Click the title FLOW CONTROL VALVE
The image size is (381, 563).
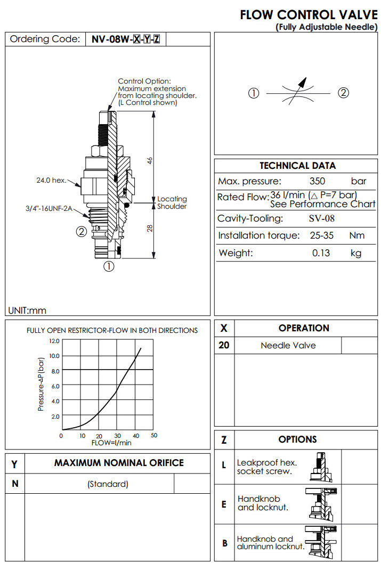tap(309, 15)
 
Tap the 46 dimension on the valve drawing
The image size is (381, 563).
tap(150, 160)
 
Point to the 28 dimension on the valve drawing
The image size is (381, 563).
tap(150, 228)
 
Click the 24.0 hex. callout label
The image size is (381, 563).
tap(51, 181)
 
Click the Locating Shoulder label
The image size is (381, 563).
tap(172, 203)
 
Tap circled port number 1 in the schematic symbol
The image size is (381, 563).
tap(254, 93)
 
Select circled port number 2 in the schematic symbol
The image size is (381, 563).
tap(344, 93)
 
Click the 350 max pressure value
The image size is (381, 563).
tap(317, 182)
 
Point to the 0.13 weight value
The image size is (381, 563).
tap(321, 253)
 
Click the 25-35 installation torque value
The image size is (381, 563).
tap(322, 235)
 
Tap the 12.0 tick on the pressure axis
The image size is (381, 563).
tap(54, 341)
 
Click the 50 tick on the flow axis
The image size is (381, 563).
tap(154, 436)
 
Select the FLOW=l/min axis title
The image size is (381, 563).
tap(111, 443)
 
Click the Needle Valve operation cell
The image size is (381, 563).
tap(288, 346)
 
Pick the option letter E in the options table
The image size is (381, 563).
tap(224, 504)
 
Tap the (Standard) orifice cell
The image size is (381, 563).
tap(108, 484)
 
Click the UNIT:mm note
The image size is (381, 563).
tap(27, 311)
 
